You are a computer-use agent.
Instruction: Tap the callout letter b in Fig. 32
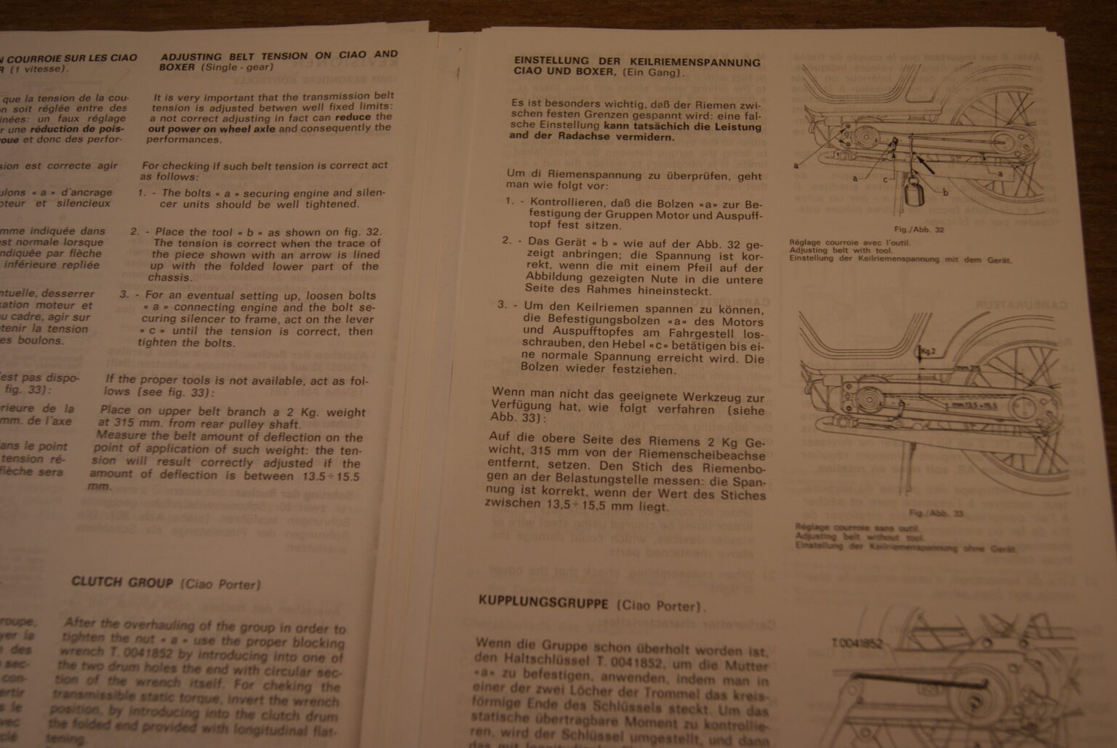[x=945, y=193]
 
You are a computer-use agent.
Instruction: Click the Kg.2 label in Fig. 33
[x=929, y=352]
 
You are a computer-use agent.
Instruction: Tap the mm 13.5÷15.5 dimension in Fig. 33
[x=974, y=404]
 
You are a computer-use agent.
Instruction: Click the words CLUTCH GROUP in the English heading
[x=122, y=582]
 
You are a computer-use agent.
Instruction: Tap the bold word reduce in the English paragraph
[x=353, y=116]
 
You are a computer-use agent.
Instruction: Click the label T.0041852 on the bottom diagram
[x=857, y=643]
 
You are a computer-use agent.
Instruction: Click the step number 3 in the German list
[x=501, y=304]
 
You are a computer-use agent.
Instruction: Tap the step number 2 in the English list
[x=134, y=231]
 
